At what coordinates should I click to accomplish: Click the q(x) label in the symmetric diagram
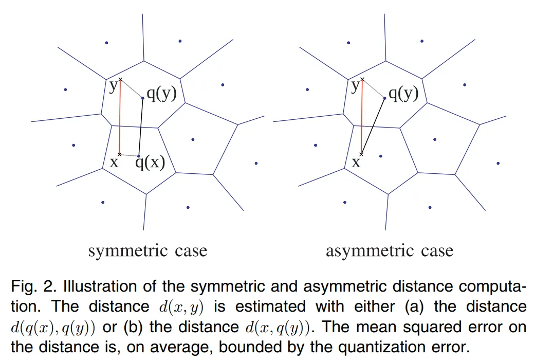pyautogui.click(x=150, y=163)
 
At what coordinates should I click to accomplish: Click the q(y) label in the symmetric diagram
pyautogui.click(x=162, y=94)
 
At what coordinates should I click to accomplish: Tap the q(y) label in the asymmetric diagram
pyautogui.click(x=403, y=94)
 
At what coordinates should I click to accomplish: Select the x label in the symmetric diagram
pyautogui.click(x=114, y=163)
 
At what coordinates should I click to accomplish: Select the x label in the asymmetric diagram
pyautogui.click(x=356, y=163)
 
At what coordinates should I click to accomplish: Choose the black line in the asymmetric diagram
pyautogui.click(x=374, y=126)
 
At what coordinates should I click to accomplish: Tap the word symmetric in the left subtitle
pyautogui.click(x=128, y=251)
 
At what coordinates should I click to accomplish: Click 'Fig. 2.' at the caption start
pyautogui.click(x=30, y=286)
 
